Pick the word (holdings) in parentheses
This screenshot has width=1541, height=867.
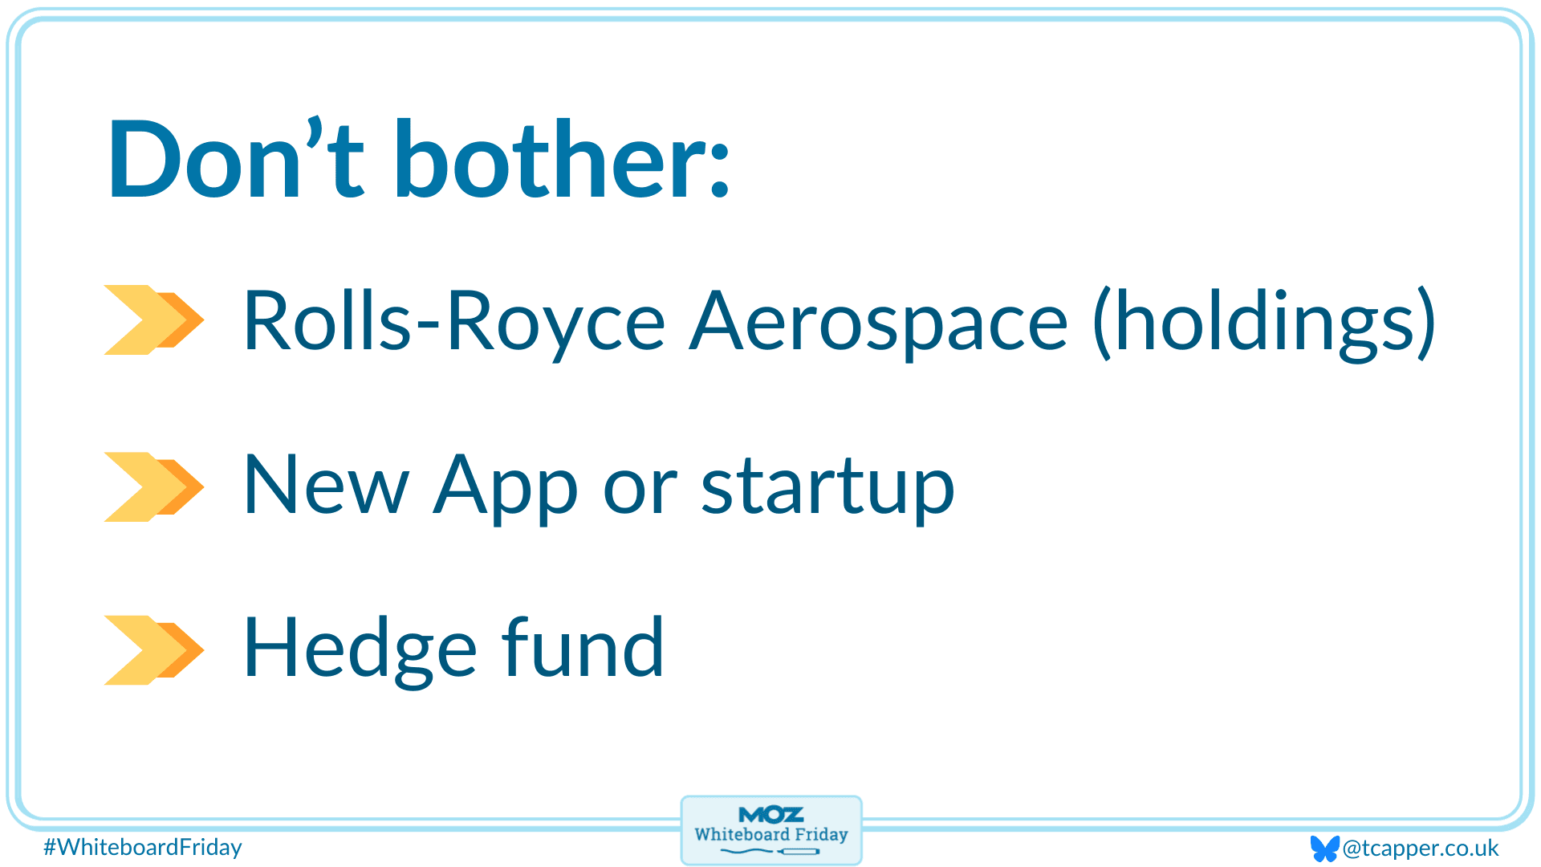coord(1265,324)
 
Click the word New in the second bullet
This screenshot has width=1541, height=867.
coord(327,485)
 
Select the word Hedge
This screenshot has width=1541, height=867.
coord(360,650)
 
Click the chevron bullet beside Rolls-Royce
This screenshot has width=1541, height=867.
coord(153,320)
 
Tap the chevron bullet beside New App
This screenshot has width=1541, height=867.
coord(153,486)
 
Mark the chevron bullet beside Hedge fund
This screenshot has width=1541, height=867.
coord(153,650)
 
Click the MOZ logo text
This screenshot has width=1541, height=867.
coord(771,815)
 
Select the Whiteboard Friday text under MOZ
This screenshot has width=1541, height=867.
coord(771,835)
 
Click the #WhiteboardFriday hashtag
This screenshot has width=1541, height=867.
coord(143,848)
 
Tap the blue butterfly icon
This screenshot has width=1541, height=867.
coord(1325,849)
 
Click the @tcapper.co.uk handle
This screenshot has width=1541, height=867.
coord(1421,849)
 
